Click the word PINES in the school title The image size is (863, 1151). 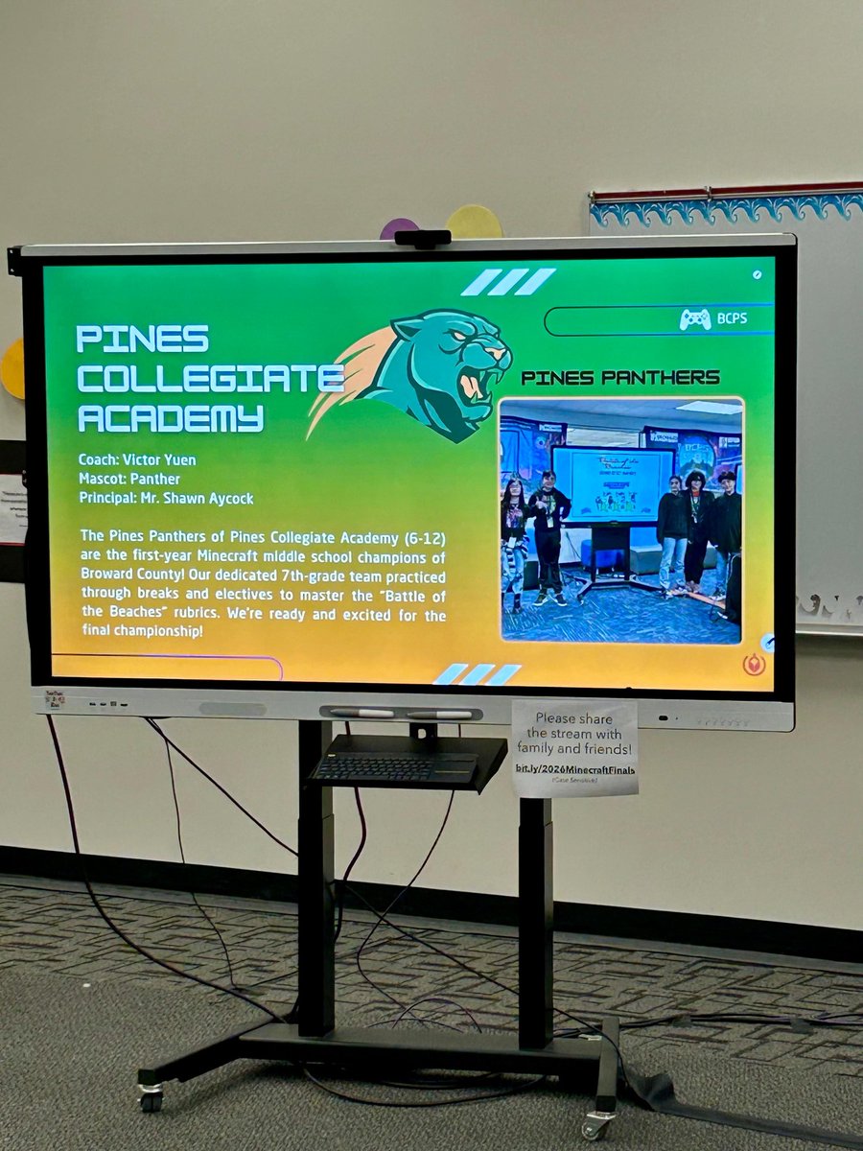142,339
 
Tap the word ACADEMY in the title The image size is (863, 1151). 170,418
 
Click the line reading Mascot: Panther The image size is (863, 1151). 129,479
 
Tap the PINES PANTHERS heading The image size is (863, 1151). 619,378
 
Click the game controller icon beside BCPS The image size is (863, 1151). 695,319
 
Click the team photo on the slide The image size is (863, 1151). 621,520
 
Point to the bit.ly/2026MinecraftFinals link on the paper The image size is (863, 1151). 575,769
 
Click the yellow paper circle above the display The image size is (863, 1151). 474,223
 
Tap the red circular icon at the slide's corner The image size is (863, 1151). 754,664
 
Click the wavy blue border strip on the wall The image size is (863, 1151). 726,210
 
